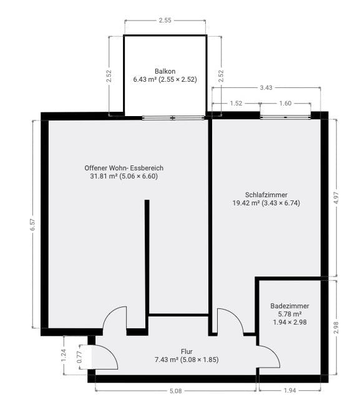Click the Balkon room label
click(x=165, y=71)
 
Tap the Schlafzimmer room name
click(x=266, y=195)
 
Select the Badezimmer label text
click(x=289, y=306)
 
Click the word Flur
click(x=187, y=351)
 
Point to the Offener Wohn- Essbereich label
click(x=124, y=168)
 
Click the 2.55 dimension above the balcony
click(x=165, y=20)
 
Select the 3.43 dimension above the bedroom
click(x=266, y=87)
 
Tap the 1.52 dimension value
click(x=236, y=103)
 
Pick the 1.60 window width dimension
click(x=285, y=103)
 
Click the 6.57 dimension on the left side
click(x=32, y=225)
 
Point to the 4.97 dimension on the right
click(x=336, y=198)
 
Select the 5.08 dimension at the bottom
click(x=175, y=391)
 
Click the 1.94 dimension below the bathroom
click(x=289, y=391)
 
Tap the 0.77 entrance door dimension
click(x=79, y=356)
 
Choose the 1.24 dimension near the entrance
click(x=64, y=355)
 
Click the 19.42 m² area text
click(x=246, y=203)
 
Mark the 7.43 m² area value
click(x=167, y=360)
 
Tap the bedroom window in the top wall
click(x=285, y=117)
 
